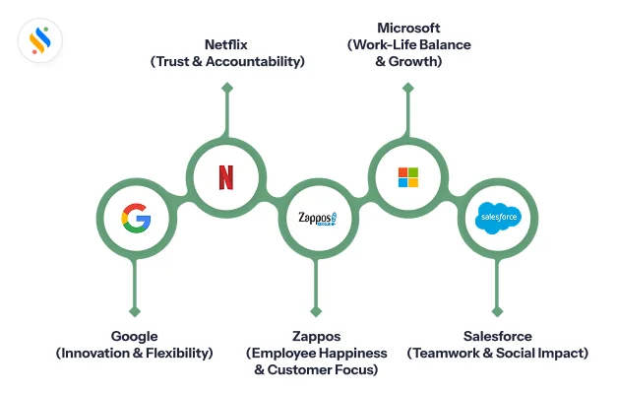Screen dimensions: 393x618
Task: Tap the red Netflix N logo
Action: point(226,177)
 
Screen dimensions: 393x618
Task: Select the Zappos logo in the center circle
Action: point(317,218)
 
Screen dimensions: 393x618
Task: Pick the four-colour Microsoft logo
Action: point(407,177)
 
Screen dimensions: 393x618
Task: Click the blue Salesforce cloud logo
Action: point(497,217)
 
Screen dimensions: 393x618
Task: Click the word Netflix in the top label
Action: point(227,44)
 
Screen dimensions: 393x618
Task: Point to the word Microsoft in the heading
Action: point(408,28)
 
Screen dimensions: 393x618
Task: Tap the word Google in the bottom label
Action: point(135,336)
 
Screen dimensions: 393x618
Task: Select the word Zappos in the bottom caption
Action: point(316,336)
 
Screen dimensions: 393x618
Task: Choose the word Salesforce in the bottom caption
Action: point(497,336)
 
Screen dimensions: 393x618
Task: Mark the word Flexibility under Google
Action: point(173,353)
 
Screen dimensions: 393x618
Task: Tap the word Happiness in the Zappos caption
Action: point(348,353)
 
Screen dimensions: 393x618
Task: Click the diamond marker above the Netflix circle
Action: point(226,89)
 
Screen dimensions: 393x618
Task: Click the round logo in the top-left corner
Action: point(40,40)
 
